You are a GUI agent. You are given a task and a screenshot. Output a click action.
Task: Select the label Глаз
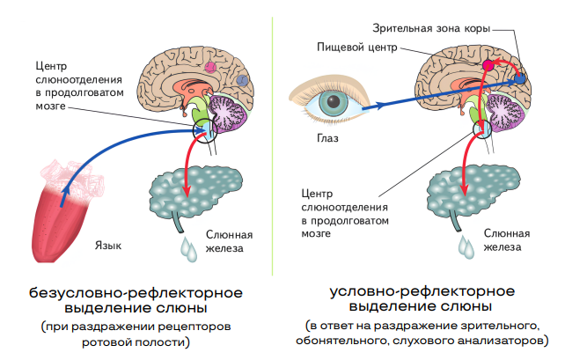(328, 138)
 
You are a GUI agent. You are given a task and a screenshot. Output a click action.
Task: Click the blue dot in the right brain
(519, 78)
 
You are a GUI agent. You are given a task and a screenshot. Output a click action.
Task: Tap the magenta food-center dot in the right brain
(488, 64)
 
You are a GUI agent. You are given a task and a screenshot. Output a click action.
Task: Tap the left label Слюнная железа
(229, 241)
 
